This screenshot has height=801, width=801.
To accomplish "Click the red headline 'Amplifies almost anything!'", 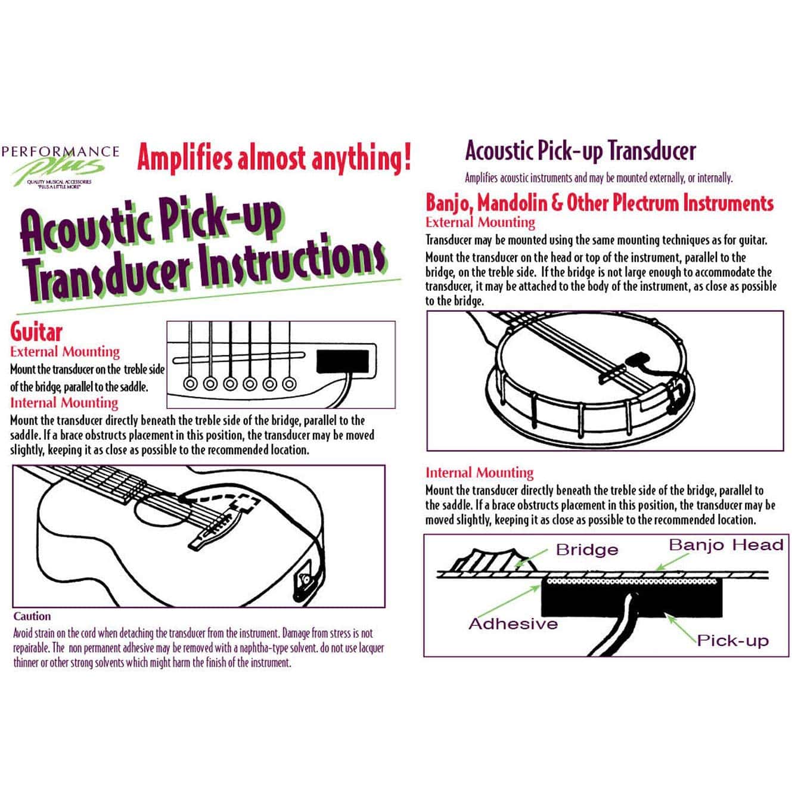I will coord(274,158).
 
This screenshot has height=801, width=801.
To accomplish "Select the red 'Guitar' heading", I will coord(36,332).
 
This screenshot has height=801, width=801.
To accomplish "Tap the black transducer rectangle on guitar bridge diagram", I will coord(342,361).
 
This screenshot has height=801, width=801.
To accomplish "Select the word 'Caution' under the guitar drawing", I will coord(32,616).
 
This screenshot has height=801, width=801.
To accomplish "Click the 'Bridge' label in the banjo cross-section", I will coord(586,549).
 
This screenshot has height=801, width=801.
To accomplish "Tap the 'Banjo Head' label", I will coord(725,545).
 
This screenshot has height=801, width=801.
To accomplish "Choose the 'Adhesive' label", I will coord(513,624).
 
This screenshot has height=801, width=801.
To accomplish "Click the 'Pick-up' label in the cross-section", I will coord(732,641).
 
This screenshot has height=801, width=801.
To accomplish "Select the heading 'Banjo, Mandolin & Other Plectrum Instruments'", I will coord(599,203).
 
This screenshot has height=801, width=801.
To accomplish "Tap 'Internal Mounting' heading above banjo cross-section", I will coord(479,473).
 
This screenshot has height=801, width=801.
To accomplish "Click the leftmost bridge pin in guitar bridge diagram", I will coord(191,383).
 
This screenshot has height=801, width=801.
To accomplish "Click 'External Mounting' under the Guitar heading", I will coord(65,352).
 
